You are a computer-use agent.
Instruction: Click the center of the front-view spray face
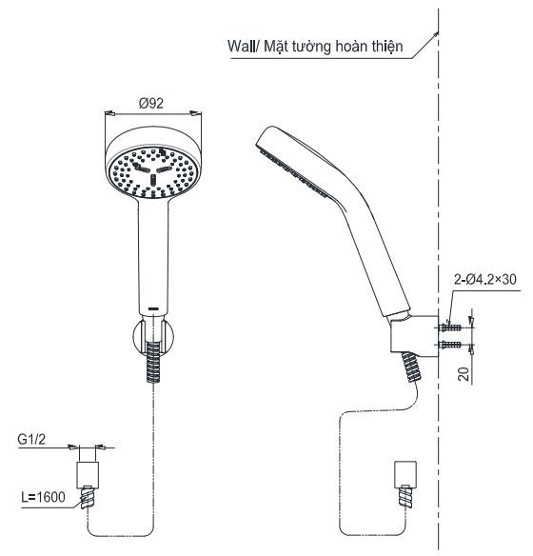point(152,171)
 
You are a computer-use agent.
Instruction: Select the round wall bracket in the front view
point(152,336)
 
